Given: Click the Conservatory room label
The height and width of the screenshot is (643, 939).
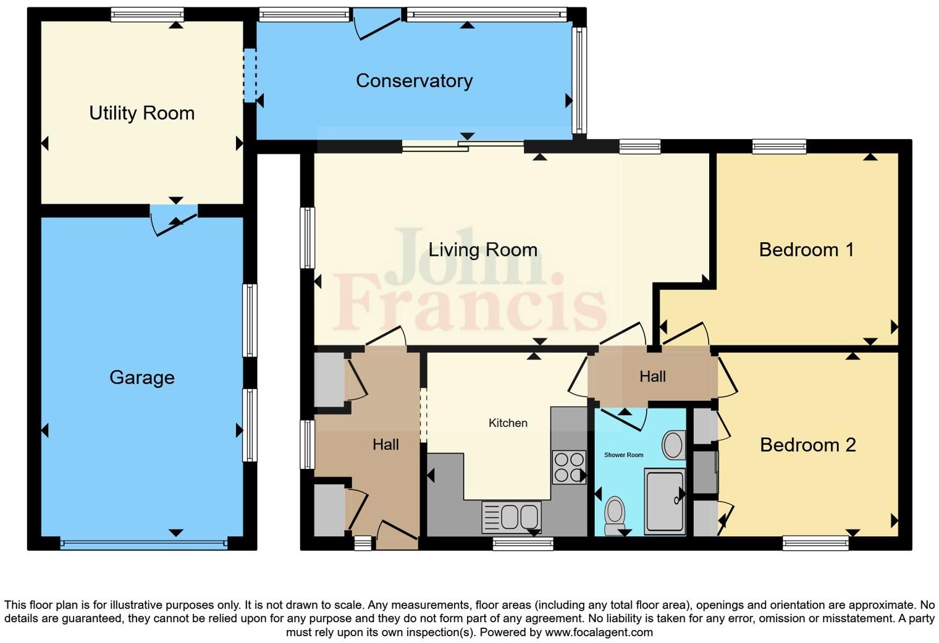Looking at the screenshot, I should tap(414, 81).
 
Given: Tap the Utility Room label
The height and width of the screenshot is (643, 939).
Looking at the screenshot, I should tap(141, 113).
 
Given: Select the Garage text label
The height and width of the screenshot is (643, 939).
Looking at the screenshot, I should tap(141, 377).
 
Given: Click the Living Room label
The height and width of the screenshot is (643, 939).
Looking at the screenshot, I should tap(482, 250).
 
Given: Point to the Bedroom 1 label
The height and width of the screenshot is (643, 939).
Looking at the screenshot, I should tap(806, 250).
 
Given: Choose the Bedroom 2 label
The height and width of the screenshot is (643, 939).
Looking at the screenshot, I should tap(807, 445).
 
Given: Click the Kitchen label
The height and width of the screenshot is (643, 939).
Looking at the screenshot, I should tap(508, 423).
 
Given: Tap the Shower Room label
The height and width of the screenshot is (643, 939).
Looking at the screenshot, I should tap(623, 455).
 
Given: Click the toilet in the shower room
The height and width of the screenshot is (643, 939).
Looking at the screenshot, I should tap(614, 515).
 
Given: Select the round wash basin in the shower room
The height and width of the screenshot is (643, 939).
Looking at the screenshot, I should tap(673, 445).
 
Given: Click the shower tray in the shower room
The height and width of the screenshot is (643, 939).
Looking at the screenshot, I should tap(664, 501).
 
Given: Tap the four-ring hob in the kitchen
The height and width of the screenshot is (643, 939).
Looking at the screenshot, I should tap(569, 467).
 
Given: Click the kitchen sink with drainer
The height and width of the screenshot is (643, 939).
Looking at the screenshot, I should tap(512, 517).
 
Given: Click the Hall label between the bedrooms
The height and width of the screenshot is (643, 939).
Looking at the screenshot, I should tap(652, 377).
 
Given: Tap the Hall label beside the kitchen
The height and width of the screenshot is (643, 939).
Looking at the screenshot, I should tap(385, 445).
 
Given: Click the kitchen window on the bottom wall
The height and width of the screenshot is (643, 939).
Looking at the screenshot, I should tap(523, 544).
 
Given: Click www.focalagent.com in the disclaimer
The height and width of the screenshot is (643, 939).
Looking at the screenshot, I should tap(598, 632).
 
